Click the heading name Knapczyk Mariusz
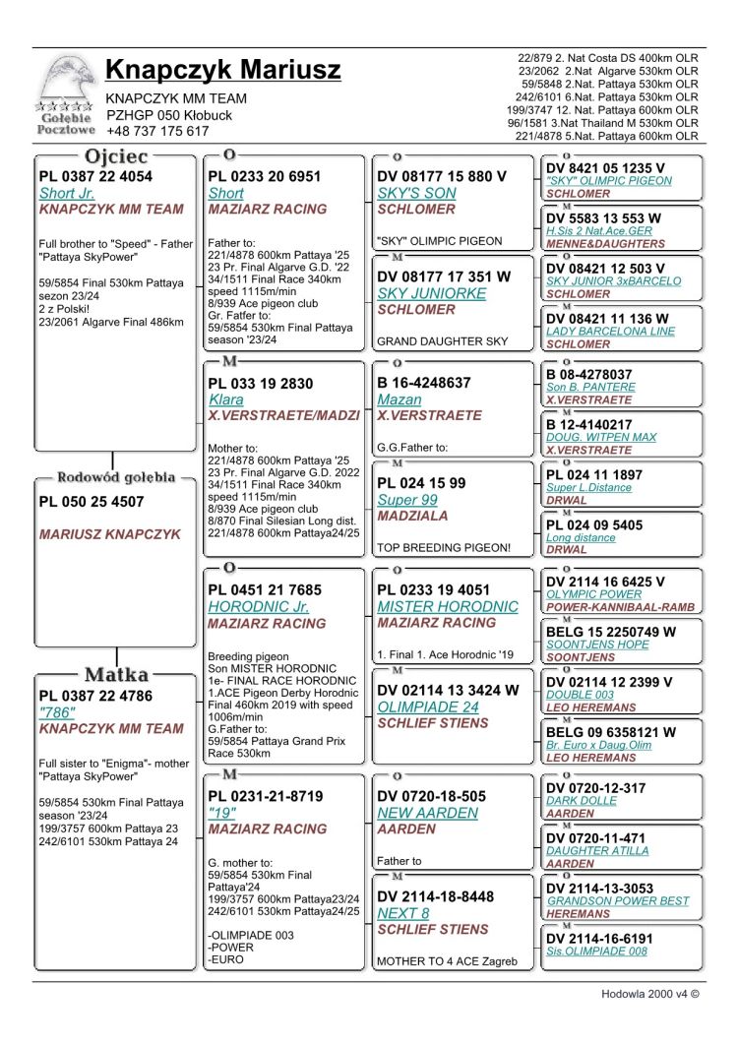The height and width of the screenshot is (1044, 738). click(x=222, y=70)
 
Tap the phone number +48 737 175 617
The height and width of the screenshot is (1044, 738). click(x=157, y=131)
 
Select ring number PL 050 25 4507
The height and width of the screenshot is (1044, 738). click(x=92, y=502)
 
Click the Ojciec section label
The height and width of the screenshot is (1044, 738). click(x=116, y=156)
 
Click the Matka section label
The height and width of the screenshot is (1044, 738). click(x=116, y=674)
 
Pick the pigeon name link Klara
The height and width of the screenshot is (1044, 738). click(x=225, y=400)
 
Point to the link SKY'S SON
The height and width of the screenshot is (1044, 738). click(x=416, y=194)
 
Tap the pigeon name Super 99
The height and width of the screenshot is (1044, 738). click(x=407, y=500)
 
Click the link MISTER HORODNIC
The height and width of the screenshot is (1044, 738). click(x=448, y=607)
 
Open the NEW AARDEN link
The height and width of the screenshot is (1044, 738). click(x=427, y=814)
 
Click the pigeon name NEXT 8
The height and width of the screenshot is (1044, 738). click(x=402, y=913)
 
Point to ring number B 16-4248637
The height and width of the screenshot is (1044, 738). click(x=424, y=383)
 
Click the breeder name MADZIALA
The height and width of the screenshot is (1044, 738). click(x=412, y=516)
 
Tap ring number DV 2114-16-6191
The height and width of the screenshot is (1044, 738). click(x=599, y=939)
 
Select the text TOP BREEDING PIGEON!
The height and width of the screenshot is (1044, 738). click(x=444, y=548)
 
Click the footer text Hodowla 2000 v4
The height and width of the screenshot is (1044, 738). click(x=649, y=994)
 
